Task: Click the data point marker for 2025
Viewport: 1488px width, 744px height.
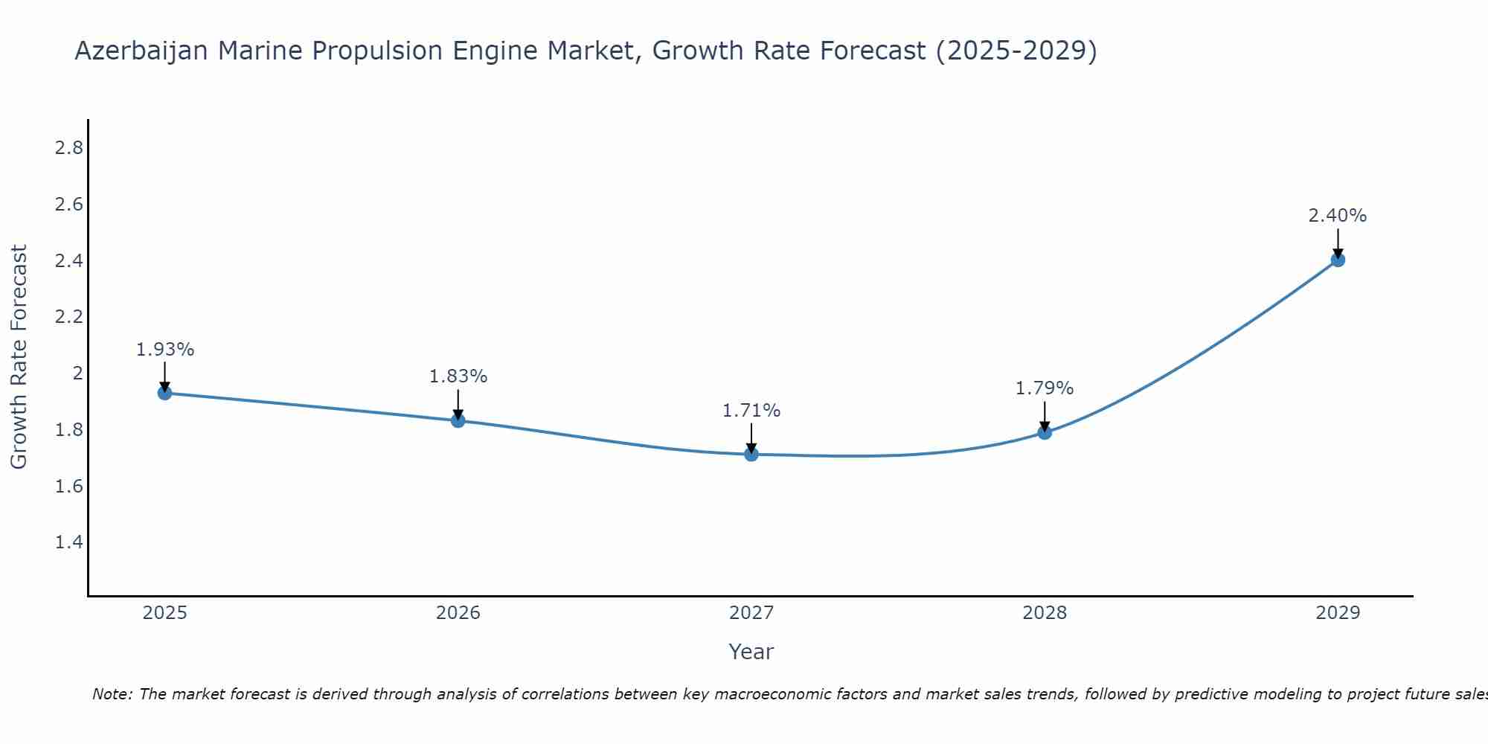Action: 165,393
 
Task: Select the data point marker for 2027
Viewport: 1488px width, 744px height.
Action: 751,454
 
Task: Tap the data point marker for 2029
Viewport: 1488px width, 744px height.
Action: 1338,260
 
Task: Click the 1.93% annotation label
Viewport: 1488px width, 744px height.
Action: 165,350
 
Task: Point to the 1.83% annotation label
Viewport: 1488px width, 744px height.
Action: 458,376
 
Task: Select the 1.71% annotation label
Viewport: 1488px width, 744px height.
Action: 751,411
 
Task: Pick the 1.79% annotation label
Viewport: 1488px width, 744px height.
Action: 1045,388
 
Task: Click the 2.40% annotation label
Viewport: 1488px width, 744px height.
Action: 1338,216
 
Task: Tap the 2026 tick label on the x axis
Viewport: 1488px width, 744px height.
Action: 458,613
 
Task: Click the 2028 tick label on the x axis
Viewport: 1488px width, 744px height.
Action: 1045,613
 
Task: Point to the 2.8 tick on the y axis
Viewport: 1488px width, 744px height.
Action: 68,148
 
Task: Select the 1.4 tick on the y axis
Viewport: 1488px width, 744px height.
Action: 68,542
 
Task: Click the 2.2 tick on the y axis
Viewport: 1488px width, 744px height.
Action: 68,317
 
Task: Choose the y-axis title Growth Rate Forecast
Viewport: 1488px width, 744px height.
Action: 19,357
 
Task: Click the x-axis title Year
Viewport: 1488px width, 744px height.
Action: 751,652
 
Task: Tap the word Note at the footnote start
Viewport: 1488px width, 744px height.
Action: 112,694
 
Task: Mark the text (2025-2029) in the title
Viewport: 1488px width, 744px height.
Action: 1016,51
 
